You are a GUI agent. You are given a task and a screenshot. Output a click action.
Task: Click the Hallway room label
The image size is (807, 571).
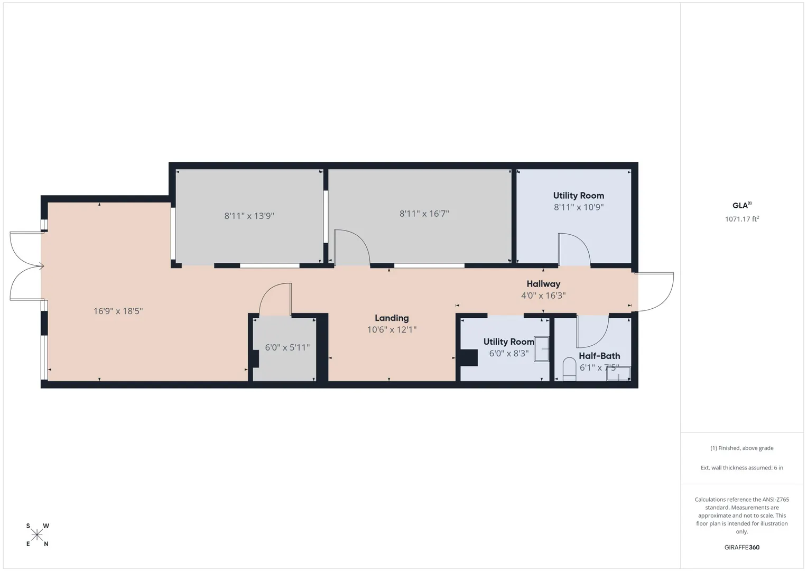pos(543,284)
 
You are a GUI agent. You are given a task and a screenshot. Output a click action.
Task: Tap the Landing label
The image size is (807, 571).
pos(392,318)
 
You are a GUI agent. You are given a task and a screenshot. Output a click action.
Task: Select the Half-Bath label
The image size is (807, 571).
pos(599,356)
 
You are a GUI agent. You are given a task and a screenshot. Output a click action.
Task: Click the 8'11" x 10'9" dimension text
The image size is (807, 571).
pos(579,207)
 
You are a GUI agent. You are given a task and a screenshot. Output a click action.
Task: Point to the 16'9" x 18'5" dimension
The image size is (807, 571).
pos(118,311)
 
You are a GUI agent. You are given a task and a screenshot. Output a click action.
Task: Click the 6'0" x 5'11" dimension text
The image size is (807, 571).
pos(287,347)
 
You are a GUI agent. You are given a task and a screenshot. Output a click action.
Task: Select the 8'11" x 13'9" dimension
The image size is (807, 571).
pos(249,216)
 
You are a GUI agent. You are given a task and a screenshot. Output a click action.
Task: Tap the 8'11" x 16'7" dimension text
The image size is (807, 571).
pos(424,214)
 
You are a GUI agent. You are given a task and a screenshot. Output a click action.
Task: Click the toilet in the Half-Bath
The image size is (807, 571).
pos(569,369)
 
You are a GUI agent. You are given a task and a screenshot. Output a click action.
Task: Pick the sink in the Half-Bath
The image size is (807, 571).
pos(618,373)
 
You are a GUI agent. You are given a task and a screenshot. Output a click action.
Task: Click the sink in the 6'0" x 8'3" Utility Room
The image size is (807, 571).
pos(542,349)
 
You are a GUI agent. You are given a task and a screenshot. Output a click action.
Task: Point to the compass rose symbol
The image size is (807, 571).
pos(37,535)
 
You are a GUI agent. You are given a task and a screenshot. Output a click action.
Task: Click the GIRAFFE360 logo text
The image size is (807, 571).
pos(742,547)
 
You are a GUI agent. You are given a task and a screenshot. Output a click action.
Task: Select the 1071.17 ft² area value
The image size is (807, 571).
pos(742,219)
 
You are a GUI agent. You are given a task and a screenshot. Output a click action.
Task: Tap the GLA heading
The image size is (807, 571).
pos(742,206)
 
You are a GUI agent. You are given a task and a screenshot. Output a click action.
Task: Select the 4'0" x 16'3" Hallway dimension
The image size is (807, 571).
pos(543,296)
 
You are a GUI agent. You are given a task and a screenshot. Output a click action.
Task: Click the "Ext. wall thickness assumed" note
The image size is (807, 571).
pos(742,467)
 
